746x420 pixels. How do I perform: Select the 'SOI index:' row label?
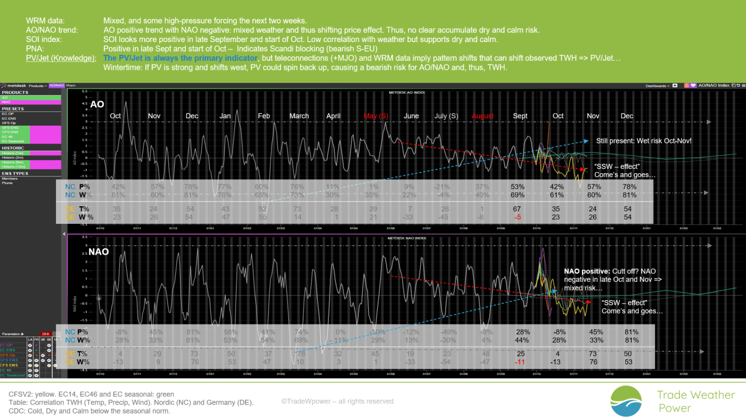(x=44, y=39)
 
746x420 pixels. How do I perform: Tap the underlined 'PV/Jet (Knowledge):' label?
(x=61, y=58)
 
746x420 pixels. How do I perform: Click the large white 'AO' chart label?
(x=97, y=104)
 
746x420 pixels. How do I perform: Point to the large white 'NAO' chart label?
(x=99, y=252)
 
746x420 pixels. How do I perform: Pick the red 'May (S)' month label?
(x=376, y=116)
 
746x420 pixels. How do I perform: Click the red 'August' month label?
(x=483, y=116)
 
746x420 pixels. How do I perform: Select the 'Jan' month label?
(x=225, y=116)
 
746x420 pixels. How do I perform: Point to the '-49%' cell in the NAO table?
(x=446, y=332)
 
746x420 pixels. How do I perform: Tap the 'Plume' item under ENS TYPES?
(x=8, y=183)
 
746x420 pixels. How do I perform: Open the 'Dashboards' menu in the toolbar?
(x=656, y=85)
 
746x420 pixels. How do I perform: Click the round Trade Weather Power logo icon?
(x=626, y=401)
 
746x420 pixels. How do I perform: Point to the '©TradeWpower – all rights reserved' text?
(x=337, y=401)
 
